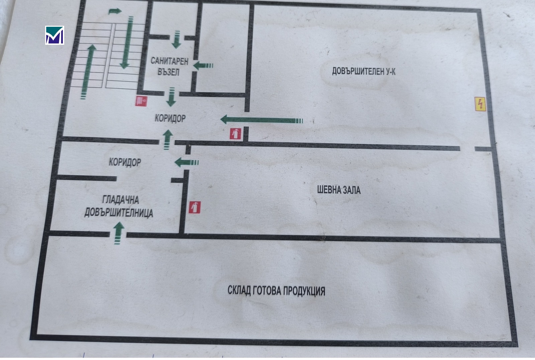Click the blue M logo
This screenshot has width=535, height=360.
pyautogui.click(x=55, y=35)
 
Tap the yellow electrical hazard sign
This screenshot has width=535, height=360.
pyautogui.click(x=480, y=104)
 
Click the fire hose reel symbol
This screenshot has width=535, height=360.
pyautogui.click(x=141, y=101)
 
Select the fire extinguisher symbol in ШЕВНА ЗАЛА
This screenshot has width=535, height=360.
pyautogui.click(x=195, y=207)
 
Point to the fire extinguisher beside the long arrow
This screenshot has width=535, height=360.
pyautogui.click(x=235, y=134)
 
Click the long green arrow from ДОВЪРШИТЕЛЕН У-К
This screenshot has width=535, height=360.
pyautogui.click(x=261, y=120)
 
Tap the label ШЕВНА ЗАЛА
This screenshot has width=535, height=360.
pyautogui.click(x=339, y=190)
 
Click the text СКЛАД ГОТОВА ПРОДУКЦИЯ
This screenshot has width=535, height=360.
pyautogui.click(x=276, y=290)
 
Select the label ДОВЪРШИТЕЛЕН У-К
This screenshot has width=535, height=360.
pyautogui.click(x=363, y=71)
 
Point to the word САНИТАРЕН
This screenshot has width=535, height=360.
pyautogui.click(x=170, y=61)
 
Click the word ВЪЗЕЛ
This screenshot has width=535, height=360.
pyautogui.click(x=169, y=72)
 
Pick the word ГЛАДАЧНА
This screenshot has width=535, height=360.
pyautogui.click(x=121, y=200)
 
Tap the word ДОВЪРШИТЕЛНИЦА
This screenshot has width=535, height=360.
pyautogui.click(x=119, y=213)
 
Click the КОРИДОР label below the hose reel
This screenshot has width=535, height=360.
pyautogui.click(x=170, y=118)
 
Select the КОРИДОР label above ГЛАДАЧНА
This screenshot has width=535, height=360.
pyautogui.click(x=125, y=162)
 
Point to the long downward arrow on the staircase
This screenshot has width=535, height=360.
pyautogui.click(x=127, y=42)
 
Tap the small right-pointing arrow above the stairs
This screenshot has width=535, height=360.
pyautogui.click(x=115, y=11)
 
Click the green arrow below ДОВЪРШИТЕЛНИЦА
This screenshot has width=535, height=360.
pyautogui.click(x=118, y=233)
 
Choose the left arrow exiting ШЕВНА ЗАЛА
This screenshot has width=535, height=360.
pyautogui.click(x=187, y=162)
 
